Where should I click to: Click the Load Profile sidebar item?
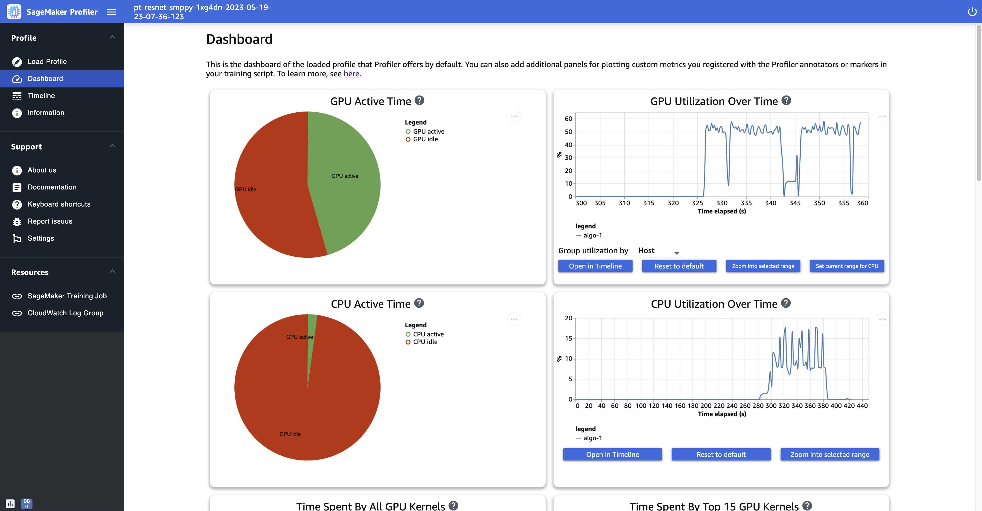tap(47, 61)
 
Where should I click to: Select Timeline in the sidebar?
tap(41, 96)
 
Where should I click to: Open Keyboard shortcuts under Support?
tap(59, 204)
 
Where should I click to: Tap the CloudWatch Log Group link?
tap(65, 313)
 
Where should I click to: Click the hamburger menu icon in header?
tap(111, 12)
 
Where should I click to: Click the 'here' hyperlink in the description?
tap(351, 74)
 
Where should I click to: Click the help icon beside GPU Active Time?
tap(419, 101)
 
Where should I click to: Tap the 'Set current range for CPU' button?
tap(847, 266)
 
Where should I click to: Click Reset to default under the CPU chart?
tap(721, 454)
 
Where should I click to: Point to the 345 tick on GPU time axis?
tap(795, 203)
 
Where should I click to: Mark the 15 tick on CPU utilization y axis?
tap(568, 338)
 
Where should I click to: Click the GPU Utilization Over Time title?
tap(713, 101)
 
